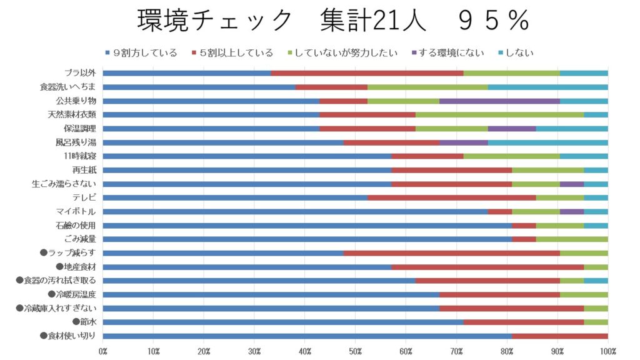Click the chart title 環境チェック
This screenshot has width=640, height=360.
coord(214,21)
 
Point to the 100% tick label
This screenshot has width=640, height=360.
coord(607,351)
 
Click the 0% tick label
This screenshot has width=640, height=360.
coord(103,351)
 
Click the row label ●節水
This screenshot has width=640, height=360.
coord(84,322)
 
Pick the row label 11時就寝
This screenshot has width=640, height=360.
coord(79,156)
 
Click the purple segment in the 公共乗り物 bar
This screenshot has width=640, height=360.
coord(499,101)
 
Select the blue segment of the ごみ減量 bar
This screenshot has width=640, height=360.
coord(307,239)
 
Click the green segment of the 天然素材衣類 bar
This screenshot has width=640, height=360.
coord(499,114)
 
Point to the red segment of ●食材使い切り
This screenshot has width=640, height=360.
coord(559,336)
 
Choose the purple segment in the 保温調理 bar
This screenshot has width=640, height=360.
coord(511,128)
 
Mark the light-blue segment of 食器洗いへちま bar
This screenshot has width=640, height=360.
coord(547,87)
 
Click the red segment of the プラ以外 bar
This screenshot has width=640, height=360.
coord(367,73)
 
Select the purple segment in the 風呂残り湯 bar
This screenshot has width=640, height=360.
coord(463,142)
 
